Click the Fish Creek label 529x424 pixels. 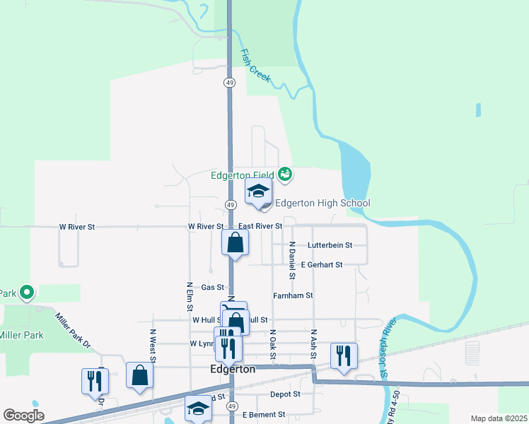255,64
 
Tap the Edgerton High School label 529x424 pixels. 322,204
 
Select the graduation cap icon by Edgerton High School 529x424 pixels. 258,192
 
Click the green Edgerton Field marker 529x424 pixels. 285,173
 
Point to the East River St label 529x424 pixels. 260,226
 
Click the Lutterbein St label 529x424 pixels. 330,245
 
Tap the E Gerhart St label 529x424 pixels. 321,265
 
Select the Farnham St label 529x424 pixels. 293,295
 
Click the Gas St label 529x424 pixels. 212,288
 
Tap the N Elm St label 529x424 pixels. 190,295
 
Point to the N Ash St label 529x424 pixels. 313,341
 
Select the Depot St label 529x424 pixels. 285,394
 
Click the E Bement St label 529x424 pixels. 263,415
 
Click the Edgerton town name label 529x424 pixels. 233,370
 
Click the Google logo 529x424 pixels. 23,416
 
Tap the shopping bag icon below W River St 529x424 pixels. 235,243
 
